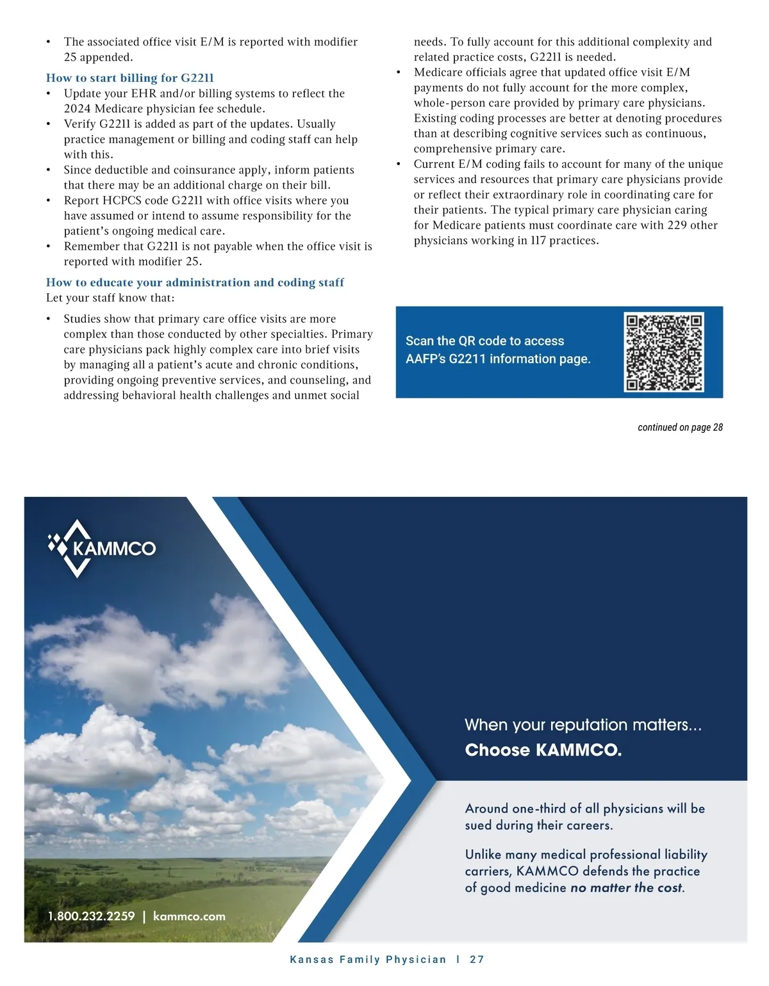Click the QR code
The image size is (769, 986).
663,352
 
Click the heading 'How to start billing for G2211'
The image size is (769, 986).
129,78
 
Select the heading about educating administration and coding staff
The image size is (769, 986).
195,282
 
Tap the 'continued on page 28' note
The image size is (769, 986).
680,427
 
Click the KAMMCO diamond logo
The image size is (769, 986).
74,548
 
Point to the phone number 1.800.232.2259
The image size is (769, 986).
91,916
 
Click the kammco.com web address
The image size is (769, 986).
189,916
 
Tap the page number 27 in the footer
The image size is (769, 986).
477,959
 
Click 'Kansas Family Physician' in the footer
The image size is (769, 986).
368,959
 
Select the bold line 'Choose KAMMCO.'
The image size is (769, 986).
543,750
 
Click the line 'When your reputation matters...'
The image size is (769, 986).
583,725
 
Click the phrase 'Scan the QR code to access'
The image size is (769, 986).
484,341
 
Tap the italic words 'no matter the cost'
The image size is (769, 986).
626,888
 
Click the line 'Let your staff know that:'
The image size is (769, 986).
110,298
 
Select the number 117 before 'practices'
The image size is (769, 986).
538,241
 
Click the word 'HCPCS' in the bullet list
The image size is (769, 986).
133,200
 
